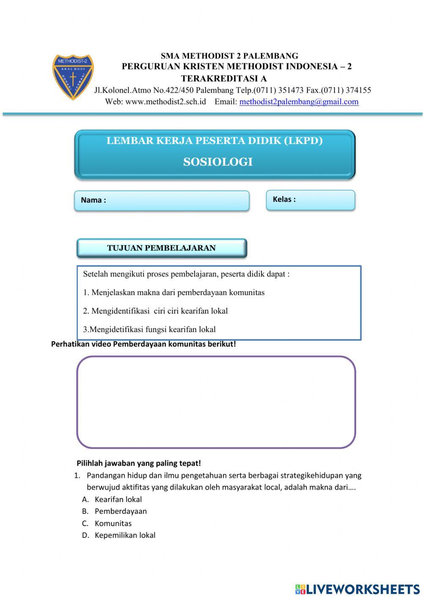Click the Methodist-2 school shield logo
(73, 77)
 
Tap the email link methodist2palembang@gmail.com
(299, 102)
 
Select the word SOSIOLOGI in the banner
(218, 162)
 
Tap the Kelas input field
(310, 200)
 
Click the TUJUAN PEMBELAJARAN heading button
(162, 248)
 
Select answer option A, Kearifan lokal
(118, 499)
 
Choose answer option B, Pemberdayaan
(121, 511)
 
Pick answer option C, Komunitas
(113, 523)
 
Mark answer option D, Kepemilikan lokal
(125, 535)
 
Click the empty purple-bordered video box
(216, 402)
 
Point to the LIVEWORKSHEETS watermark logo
(357, 589)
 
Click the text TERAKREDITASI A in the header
(224, 78)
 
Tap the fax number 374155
(358, 90)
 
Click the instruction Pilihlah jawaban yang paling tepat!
(139, 463)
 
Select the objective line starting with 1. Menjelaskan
(174, 292)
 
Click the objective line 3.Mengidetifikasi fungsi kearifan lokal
(149, 329)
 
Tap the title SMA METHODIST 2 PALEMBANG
(229, 56)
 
